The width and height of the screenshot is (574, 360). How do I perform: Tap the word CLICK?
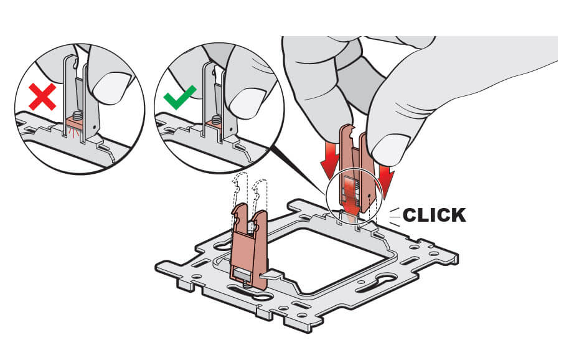click(x=434, y=215)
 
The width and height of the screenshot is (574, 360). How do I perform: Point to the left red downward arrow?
click(x=326, y=164)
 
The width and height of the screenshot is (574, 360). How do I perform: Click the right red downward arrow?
click(x=387, y=178)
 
